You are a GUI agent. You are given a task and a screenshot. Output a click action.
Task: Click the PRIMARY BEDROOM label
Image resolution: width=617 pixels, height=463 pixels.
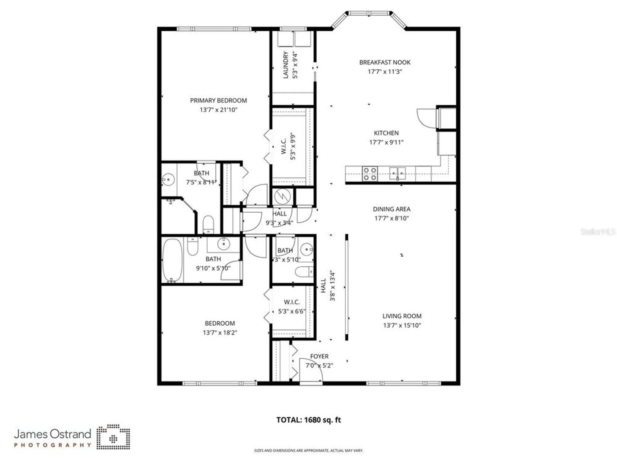[x=218, y=101]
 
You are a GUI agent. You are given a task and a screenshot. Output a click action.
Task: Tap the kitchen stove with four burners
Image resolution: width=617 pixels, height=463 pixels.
[x=370, y=174]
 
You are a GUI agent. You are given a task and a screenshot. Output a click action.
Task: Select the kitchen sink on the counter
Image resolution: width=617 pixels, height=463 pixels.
[x=397, y=173]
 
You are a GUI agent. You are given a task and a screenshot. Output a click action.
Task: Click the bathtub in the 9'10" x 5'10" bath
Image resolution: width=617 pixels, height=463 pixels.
[x=172, y=260]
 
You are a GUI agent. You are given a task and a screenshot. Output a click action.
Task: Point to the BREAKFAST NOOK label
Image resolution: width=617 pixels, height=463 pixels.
[x=385, y=62]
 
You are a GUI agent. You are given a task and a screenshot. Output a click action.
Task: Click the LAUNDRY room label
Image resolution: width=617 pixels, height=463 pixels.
[x=286, y=65]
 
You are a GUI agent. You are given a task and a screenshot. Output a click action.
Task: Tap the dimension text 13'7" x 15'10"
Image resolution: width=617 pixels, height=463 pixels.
[x=402, y=325]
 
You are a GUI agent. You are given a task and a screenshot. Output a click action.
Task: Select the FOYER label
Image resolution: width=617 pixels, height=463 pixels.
[x=319, y=356]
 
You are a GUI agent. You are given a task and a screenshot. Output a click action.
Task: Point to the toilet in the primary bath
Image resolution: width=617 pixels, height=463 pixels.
[x=209, y=223]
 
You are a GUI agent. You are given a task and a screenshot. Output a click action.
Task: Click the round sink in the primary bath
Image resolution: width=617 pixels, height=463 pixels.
[x=168, y=179]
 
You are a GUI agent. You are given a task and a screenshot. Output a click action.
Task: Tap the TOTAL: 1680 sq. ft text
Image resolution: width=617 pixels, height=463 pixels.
[x=308, y=420]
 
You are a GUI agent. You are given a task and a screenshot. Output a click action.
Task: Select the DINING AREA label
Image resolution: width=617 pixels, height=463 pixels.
[x=391, y=209]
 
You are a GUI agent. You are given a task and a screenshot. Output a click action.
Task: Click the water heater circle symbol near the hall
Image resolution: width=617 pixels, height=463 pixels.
[x=282, y=196]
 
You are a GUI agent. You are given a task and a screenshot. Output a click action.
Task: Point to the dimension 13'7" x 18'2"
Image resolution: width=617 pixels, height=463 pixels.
[x=220, y=333]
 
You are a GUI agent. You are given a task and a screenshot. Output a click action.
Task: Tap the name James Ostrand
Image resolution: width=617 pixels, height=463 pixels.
[x=52, y=434]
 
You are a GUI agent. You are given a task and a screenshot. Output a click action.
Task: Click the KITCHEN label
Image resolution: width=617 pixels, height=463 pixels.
[x=386, y=133]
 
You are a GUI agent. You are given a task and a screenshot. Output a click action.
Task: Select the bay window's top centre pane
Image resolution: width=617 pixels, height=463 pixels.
[x=369, y=13]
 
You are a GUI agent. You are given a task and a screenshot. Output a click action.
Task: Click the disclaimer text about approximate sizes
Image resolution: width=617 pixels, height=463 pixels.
[x=308, y=451]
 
